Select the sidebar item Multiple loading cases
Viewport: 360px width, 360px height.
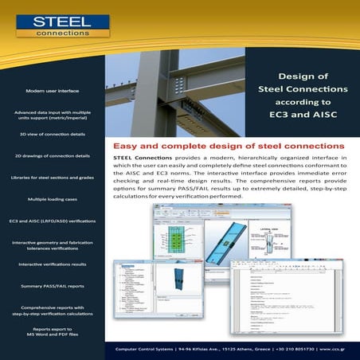coord(52,198)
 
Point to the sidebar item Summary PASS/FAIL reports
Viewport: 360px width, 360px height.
coord(52,285)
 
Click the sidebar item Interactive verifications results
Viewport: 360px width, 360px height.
coord(52,264)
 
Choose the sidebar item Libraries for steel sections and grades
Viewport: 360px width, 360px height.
coord(52,177)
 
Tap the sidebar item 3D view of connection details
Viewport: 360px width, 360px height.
coord(52,135)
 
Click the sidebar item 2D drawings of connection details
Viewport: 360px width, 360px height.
coord(52,155)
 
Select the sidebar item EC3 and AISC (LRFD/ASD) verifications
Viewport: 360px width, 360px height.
coord(52,220)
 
